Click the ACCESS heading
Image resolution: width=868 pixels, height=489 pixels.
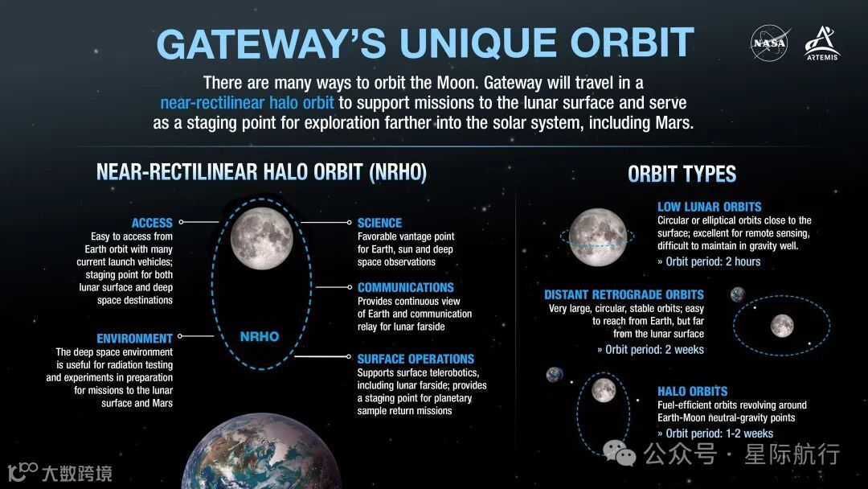[152, 223]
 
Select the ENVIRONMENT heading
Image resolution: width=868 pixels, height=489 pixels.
[134, 339]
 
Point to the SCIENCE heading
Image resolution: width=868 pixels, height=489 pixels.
[379, 223]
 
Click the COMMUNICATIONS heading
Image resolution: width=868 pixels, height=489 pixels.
[405, 287]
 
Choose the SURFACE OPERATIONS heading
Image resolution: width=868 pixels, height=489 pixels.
[416, 359]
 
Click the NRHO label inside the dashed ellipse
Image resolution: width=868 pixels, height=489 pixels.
[260, 336]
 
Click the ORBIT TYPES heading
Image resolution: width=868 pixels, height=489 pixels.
[682, 174]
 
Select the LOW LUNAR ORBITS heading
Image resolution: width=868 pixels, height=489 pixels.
[709, 207]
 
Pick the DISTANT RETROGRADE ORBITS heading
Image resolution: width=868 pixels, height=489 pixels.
[624, 294]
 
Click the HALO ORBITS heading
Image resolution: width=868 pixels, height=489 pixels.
[692, 392]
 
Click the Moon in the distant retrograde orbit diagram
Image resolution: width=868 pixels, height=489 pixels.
[781, 326]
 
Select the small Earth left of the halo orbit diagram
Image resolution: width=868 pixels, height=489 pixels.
[555, 375]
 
